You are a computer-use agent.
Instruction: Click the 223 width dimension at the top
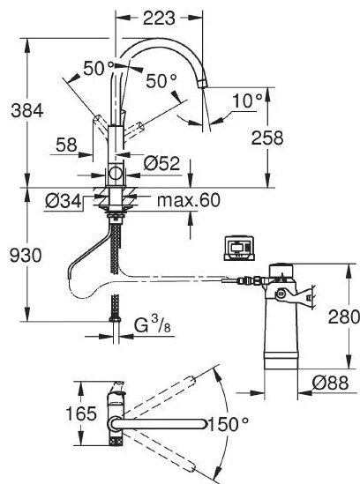pyautogui.click(x=159, y=19)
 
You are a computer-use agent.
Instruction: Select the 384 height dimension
pyautogui.click(x=26, y=110)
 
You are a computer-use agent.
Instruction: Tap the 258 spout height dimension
pyautogui.click(x=267, y=138)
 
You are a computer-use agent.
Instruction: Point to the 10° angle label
pyautogui.click(x=247, y=101)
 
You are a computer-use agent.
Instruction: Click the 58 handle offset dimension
pyautogui.click(x=66, y=145)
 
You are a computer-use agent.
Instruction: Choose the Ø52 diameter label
pyautogui.click(x=161, y=163)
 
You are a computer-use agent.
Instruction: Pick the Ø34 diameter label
pyautogui.click(x=63, y=201)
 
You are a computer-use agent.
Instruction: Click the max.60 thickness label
pyautogui.click(x=189, y=200)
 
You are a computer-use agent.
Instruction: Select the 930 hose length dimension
pyautogui.click(x=26, y=256)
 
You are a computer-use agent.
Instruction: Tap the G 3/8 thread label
pyautogui.click(x=153, y=324)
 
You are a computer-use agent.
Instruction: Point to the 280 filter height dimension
pyautogui.click(x=343, y=316)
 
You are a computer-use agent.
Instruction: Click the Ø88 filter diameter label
pyautogui.click(x=330, y=383)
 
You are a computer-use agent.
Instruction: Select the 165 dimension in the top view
pyautogui.click(x=81, y=413)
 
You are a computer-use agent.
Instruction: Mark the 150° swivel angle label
pyautogui.click(x=229, y=424)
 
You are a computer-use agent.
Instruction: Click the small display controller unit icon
pyautogui.click(x=239, y=249)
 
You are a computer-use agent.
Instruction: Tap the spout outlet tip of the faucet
pyautogui.click(x=202, y=84)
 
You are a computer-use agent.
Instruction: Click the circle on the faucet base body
pyautogui.click(x=116, y=173)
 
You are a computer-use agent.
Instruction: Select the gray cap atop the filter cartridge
pyautogui.click(x=281, y=270)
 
